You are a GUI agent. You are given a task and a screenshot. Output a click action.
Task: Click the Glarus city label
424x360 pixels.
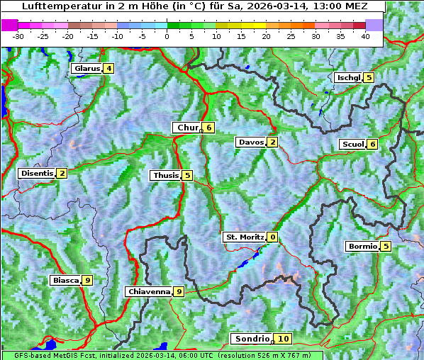pos(86,69)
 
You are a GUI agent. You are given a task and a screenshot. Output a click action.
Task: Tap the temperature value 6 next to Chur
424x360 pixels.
pos(209,128)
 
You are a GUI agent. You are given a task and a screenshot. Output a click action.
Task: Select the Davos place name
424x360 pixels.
pos(250,142)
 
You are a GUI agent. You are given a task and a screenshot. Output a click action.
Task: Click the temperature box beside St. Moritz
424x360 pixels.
pos(273,237)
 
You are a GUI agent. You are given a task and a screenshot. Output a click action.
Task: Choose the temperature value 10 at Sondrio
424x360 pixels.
pos(284,339)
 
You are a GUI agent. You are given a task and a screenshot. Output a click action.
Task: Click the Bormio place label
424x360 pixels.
pos(362,247)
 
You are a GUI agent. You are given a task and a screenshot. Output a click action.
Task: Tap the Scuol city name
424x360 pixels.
pos(352,144)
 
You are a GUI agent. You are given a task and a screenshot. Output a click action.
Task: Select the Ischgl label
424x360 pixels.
pos(348,77)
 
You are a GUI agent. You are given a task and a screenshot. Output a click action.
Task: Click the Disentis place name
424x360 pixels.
pos(36,173)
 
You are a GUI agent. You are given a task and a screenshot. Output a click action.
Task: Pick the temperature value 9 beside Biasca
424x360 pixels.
pos(87,281)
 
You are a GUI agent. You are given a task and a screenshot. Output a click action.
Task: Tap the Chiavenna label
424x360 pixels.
pos(148,291)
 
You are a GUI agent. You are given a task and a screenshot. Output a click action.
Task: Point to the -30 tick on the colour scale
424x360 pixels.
pos(18,35)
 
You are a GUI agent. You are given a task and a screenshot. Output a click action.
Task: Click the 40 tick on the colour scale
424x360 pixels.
pos(365,35)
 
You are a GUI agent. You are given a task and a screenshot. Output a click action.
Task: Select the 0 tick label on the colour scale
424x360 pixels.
pos(167,35)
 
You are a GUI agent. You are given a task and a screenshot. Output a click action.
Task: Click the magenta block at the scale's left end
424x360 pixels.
pos(10,24)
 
